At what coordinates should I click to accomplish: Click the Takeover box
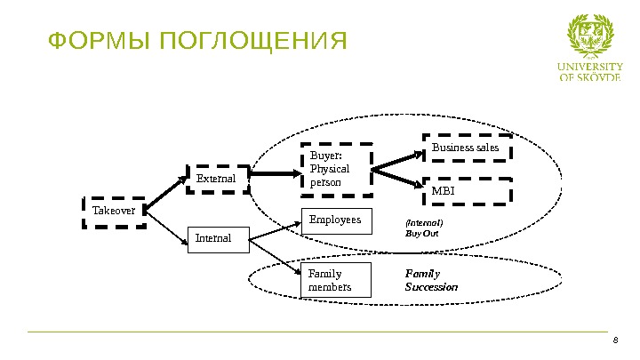click(114, 212)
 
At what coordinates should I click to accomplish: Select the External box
click(217, 180)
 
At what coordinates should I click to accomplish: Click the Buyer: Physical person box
click(336, 169)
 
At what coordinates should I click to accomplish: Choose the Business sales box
click(466, 148)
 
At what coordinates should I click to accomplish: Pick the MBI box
click(466, 190)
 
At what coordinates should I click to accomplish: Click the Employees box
click(337, 220)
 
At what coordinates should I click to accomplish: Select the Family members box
click(337, 280)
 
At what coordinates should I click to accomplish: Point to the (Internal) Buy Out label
click(424, 228)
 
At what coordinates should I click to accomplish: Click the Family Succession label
click(431, 281)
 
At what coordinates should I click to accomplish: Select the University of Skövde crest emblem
click(589, 37)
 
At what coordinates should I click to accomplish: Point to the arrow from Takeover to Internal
click(169, 224)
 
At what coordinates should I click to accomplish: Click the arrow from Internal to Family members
click(276, 254)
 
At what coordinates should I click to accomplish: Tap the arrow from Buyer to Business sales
click(396, 159)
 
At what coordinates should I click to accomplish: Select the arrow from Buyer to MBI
click(396, 178)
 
